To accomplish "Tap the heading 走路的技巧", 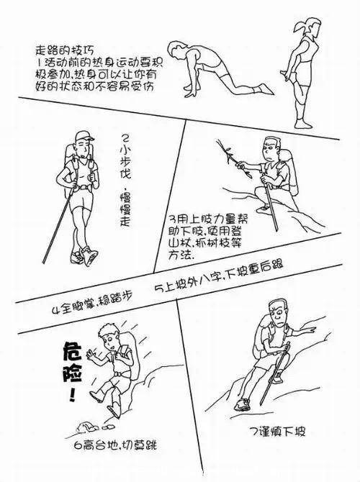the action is (x=65, y=50).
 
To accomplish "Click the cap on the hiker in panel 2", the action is (x=84, y=135).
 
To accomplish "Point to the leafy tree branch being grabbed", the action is (x=233, y=159).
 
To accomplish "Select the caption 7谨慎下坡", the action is (x=278, y=432).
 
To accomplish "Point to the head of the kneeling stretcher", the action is (x=177, y=50).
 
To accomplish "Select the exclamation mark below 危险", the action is (x=72, y=394).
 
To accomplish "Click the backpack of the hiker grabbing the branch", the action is (x=290, y=173).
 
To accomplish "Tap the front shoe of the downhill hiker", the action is (x=242, y=404).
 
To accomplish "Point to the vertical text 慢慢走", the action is (x=125, y=210).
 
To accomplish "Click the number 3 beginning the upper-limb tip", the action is (x=174, y=219).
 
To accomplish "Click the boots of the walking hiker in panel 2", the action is (x=84, y=255).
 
